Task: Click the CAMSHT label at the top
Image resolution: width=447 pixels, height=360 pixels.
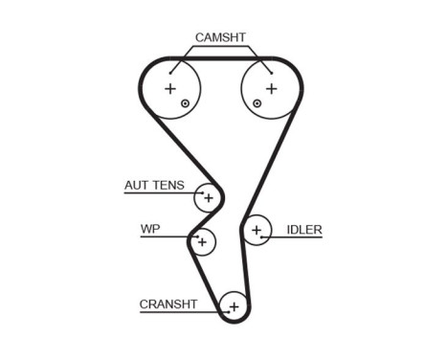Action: [x=220, y=37]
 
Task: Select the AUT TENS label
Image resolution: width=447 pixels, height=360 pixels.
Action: [x=154, y=186]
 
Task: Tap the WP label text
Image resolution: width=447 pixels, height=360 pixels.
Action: [x=149, y=229]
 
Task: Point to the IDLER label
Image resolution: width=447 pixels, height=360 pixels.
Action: [x=303, y=230]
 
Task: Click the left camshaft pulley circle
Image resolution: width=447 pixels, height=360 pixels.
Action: [x=173, y=90]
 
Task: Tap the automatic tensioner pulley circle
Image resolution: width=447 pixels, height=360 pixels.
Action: [x=207, y=198]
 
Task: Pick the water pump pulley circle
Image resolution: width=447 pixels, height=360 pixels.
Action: [x=202, y=242]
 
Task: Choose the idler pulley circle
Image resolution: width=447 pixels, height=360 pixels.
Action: [x=257, y=231]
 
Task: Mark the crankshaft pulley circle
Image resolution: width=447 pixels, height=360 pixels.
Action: [x=233, y=306]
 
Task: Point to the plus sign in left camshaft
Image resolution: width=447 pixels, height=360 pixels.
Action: [x=171, y=89]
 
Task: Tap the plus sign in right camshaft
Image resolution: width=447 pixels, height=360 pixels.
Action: [x=270, y=89]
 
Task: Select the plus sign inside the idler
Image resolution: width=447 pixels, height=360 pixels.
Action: [x=257, y=230]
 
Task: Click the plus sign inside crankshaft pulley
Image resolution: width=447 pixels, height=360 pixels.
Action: [x=233, y=306]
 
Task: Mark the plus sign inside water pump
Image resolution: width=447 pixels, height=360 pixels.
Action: [x=201, y=242]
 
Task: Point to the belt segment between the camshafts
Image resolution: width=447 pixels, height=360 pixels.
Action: [x=220, y=59]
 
